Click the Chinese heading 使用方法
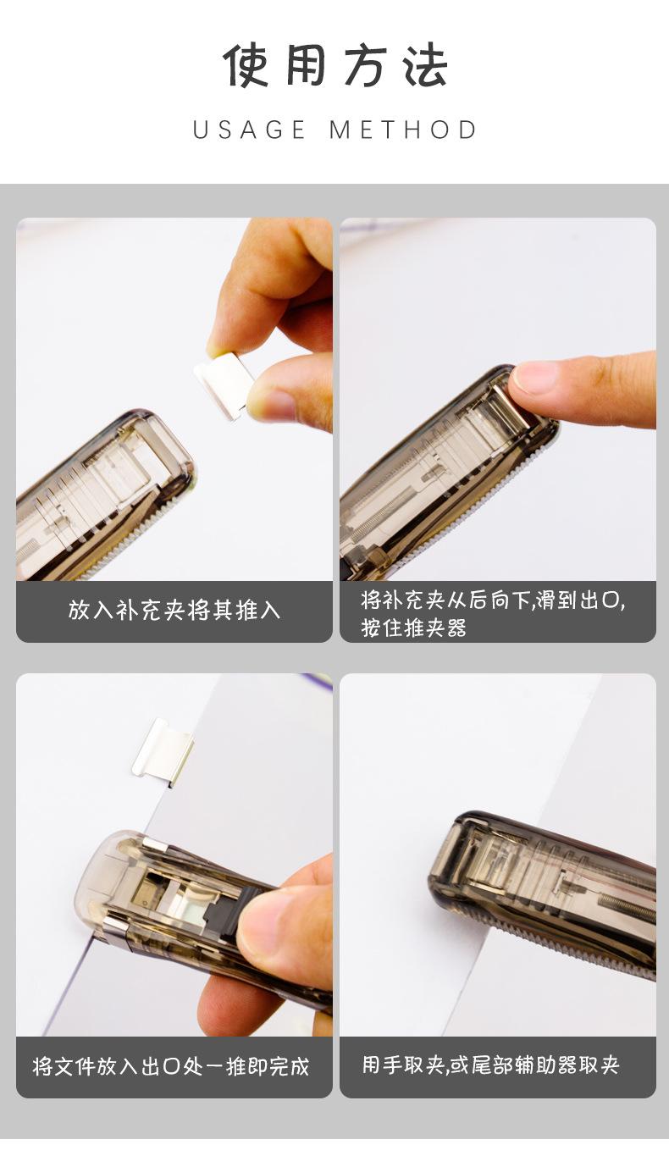(x=335, y=66)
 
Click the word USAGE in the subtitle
(x=248, y=130)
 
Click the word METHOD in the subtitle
(x=403, y=130)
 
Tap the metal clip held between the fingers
(x=225, y=383)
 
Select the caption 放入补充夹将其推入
(x=174, y=610)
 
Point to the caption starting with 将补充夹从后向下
(x=493, y=614)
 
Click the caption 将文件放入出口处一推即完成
(x=171, y=1066)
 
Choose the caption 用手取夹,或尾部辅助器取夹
(x=491, y=1065)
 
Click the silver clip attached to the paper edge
(x=163, y=753)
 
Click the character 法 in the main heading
(x=425, y=66)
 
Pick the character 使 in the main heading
(x=246, y=66)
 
